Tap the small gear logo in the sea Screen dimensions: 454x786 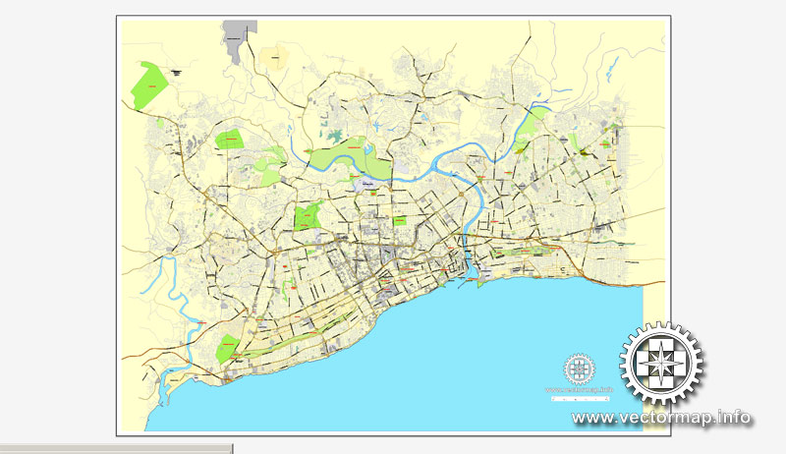point(579,369)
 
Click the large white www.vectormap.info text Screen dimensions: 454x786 point(661,418)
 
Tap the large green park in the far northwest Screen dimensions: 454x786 point(150,84)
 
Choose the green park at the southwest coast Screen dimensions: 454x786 point(228,347)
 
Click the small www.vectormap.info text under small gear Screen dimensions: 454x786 point(580,390)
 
